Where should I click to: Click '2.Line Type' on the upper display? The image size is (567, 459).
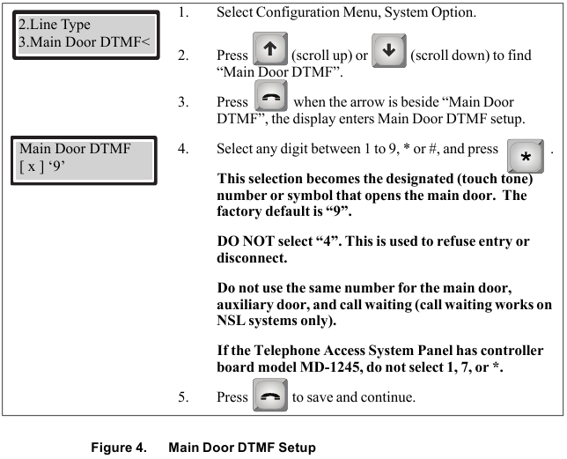54,25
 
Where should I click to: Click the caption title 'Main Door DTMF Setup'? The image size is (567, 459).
241,447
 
